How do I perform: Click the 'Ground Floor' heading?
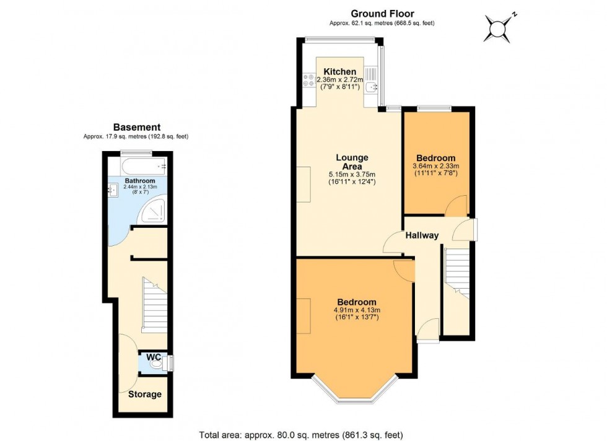pos(382,13)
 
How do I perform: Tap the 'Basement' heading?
pos(136,127)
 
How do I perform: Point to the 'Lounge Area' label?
pos(352,162)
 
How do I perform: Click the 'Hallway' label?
pos(422,235)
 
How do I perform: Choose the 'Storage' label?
pos(145,395)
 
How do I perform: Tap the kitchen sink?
pos(371,82)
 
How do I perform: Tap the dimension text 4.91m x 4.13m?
pos(356,310)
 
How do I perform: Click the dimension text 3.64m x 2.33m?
pos(435,167)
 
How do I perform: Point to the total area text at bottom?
pos(303,435)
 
